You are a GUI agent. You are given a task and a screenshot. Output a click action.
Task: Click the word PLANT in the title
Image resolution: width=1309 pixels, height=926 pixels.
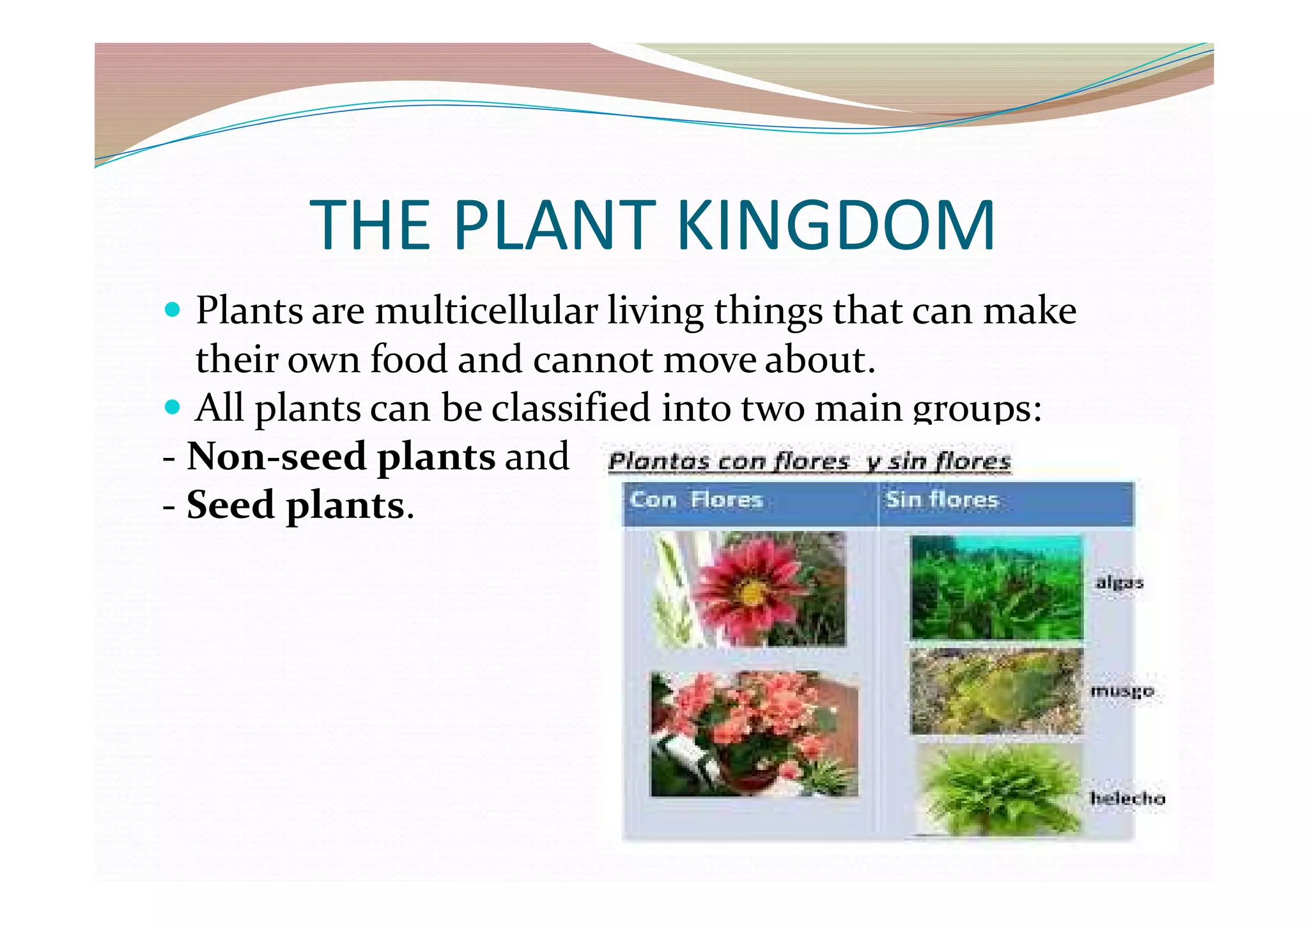point(554,225)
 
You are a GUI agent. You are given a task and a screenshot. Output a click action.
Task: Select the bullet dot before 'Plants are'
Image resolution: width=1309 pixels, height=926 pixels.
point(172,310)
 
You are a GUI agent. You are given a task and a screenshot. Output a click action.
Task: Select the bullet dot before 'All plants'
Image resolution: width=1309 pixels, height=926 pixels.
point(172,407)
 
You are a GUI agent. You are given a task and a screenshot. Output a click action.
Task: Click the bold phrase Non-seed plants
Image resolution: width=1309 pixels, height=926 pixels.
point(341,457)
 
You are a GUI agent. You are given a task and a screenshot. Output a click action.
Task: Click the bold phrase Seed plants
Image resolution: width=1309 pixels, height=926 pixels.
point(295,505)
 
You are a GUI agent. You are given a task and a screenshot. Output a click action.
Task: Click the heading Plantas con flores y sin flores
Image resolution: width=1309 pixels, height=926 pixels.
point(809,461)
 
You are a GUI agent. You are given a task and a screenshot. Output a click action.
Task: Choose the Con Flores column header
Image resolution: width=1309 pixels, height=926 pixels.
point(696,499)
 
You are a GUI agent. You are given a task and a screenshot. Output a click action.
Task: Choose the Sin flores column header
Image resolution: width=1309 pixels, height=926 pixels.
point(941,499)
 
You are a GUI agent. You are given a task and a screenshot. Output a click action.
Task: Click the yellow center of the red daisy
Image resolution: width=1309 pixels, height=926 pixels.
point(752,593)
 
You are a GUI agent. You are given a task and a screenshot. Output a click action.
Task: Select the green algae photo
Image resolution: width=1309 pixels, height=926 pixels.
point(996,588)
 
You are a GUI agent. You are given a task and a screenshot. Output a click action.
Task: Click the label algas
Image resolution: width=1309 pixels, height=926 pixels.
point(1119,583)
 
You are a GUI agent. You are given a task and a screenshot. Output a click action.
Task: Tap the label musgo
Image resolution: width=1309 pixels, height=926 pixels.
point(1122,691)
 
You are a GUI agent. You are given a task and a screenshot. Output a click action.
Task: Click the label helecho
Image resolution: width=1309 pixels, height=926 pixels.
point(1127,798)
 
